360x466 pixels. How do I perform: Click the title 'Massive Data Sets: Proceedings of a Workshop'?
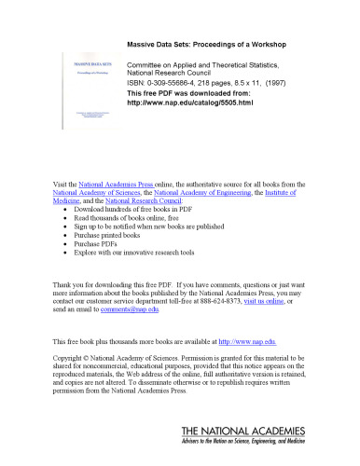tap(216, 44)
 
